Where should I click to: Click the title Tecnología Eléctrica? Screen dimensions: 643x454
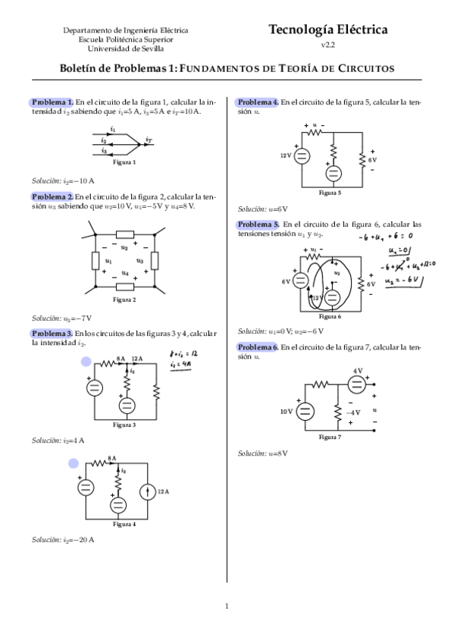(x=327, y=30)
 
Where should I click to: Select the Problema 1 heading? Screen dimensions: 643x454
(x=52, y=102)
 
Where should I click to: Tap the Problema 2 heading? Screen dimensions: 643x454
(x=52, y=196)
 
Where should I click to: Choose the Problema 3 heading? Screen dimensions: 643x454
(x=52, y=333)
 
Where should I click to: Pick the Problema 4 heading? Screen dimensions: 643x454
(x=258, y=102)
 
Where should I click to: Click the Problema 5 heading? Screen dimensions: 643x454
(x=258, y=224)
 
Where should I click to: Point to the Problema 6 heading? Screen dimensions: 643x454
(x=258, y=347)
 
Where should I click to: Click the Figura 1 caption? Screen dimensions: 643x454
(x=124, y=162)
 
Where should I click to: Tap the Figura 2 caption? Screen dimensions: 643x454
(x=124, y=300)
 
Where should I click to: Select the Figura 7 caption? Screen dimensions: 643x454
(x=330, y=438)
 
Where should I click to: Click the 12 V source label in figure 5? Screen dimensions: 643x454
(x=285, y=155)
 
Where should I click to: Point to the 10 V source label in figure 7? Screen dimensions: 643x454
(x=286, y=412)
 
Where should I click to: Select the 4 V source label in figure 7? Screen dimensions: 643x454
(x=358, y=370)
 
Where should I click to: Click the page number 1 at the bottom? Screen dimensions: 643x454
(x=227, y=606)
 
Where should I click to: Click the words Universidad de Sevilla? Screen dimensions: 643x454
(x=126, y=48)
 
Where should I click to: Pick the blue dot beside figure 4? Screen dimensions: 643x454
(x=74, y=463)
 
